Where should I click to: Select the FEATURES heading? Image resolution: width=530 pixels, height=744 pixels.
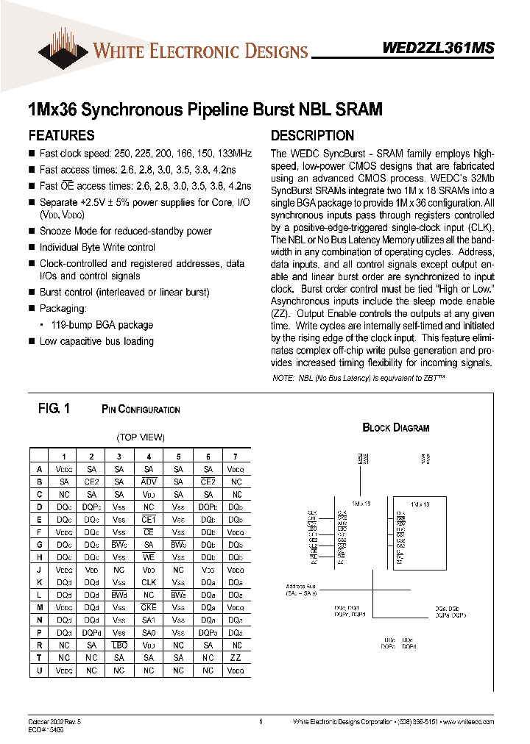(x=61, y=135)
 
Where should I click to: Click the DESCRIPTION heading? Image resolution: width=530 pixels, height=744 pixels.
(x=312, y=135)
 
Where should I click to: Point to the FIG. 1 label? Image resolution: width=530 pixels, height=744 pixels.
(x=53, y=409)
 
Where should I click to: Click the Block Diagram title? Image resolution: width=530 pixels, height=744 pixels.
(x=395, y=428)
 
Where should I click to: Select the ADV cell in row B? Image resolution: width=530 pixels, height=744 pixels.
(x=149, y=481)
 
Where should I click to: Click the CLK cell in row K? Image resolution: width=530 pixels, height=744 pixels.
(x=149, y=582)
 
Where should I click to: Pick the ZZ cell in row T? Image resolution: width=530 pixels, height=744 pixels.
(x=235, y=657)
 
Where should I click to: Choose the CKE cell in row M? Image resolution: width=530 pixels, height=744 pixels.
(x=149, y=607)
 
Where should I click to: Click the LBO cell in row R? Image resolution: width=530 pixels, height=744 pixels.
(x=120, y=645)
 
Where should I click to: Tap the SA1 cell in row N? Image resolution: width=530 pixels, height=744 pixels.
(x=149, y=620)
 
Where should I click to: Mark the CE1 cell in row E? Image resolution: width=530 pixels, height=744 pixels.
(x=149, y=518)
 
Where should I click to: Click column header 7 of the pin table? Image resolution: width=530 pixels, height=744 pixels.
(x=235, y=456)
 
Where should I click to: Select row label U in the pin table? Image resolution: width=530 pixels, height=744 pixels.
(x=39, y=670)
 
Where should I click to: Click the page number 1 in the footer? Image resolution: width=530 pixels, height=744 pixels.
(x=261, y=723)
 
